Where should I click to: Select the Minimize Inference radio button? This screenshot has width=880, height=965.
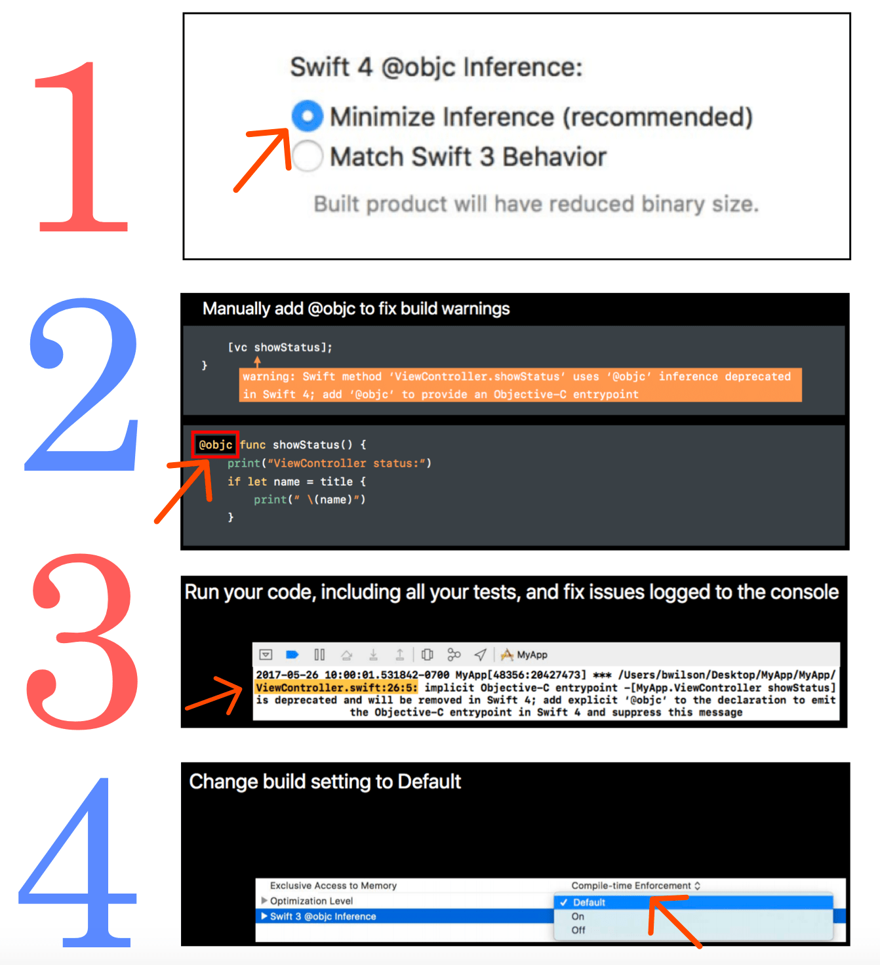click(x=307, y=116)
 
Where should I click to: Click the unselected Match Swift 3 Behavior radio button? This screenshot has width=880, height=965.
click(x=307, y=156)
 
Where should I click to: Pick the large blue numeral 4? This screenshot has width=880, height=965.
click(x=77, y=861)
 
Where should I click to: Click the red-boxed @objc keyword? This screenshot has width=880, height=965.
click(x=215, y=444)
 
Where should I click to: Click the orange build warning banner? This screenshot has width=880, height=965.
click(x=520, y=385)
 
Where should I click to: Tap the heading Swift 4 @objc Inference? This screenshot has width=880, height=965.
click(x=436, y=66)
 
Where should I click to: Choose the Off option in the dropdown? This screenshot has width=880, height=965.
click(x=578, y=930)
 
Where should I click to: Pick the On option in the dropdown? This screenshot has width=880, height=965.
click(x=578, y=916)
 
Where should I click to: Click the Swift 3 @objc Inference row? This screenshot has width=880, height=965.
click(x=405, y=916)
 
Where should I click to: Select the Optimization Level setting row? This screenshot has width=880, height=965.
click(x=311, y=901)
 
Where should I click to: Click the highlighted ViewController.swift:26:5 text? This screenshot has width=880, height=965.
click(x=336, y=688)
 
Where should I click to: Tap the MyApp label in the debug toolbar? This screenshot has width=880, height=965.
click(x=532, y=655)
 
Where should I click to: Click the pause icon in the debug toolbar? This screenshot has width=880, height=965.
click(x=319, y=655)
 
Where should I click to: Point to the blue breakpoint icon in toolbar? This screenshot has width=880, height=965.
click(x=292, y=655)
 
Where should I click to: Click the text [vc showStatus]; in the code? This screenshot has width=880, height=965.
click(x=280, y=347)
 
